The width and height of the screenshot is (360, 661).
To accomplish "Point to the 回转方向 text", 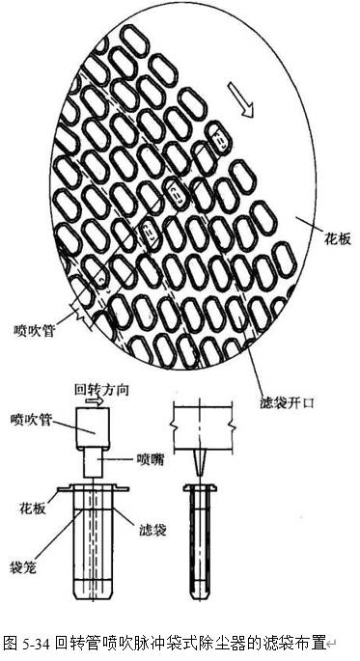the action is [102, 391].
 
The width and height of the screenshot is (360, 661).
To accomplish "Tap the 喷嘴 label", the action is [152, 457].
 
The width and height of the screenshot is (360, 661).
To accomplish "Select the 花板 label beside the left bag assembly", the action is [34, 508].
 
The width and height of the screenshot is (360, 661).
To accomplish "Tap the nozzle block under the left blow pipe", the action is [95, 465].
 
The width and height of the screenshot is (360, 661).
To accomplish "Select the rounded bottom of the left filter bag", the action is [93, 587].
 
